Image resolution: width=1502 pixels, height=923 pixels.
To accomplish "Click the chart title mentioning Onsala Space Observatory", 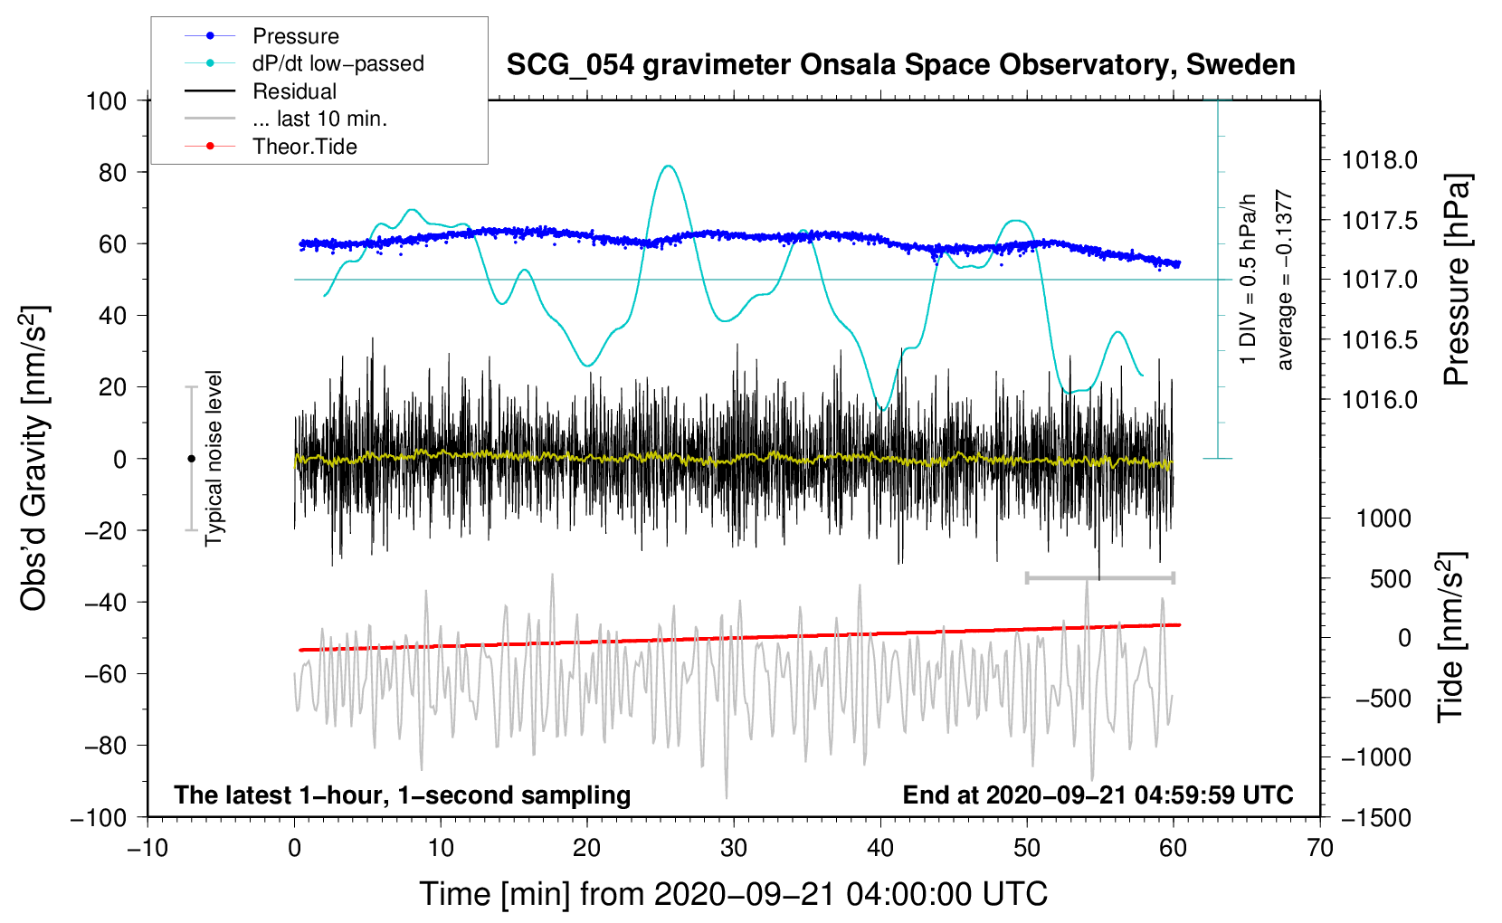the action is coord(900,65).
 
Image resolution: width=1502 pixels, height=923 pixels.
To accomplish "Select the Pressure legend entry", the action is coord(262,35).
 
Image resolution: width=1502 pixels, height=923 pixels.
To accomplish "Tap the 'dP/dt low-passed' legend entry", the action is coord(304,63).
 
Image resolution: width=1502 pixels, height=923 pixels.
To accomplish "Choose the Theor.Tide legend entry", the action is coord(271,147).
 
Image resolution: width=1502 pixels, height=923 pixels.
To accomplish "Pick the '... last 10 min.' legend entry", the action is coord(286,119).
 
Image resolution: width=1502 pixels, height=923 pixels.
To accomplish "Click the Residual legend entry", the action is coord(261,91).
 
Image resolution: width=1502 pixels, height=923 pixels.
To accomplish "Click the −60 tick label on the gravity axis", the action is coord(105,674).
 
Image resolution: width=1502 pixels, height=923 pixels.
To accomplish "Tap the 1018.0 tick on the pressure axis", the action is coord(1379,160).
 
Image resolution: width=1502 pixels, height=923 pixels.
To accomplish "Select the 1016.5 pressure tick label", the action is coord(1379,340).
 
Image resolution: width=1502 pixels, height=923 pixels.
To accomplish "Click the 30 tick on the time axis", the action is coord(734,849).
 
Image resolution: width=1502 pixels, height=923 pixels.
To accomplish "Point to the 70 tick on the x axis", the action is coord(1319,849).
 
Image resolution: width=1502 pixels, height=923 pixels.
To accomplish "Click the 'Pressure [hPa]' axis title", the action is coord(1457,280).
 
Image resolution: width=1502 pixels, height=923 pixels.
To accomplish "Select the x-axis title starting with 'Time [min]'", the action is coord(734,894).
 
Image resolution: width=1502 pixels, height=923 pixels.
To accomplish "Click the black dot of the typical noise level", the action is coord(191,459).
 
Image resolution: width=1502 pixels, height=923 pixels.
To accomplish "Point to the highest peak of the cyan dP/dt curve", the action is coord(667,165).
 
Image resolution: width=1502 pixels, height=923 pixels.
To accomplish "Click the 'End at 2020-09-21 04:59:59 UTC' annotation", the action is coord(1098,795).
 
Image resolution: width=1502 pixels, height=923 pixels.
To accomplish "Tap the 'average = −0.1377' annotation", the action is coord(1283,280).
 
